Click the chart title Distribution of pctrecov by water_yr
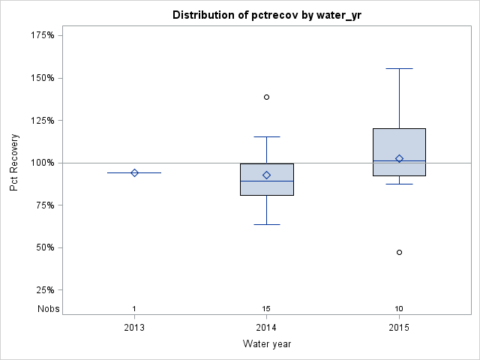[x=266, y=15]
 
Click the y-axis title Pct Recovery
[x=14, y=163]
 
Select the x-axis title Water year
[x=266, y=344]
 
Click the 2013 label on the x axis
[x=134, y=328]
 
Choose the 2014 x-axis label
[x=266, y=328]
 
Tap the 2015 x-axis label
[x=399, y=328]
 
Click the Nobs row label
[x=47, y=309]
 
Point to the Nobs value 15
[x=266, y=309]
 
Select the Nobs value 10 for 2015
[x=399, y=309]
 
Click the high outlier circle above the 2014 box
[x=266, y=97]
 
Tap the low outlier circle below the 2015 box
[x=399, y=252]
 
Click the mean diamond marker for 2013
[x=134, y=172]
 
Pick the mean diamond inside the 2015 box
[x=399, y=158]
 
